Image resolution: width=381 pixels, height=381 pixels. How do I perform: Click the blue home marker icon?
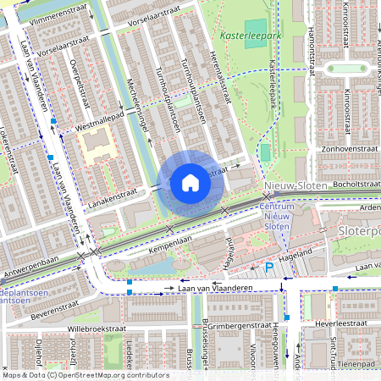pos(190,183)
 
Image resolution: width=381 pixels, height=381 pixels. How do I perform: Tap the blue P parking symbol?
pos(269,268)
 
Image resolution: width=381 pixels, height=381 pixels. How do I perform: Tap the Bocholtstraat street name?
pos(349,183)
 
